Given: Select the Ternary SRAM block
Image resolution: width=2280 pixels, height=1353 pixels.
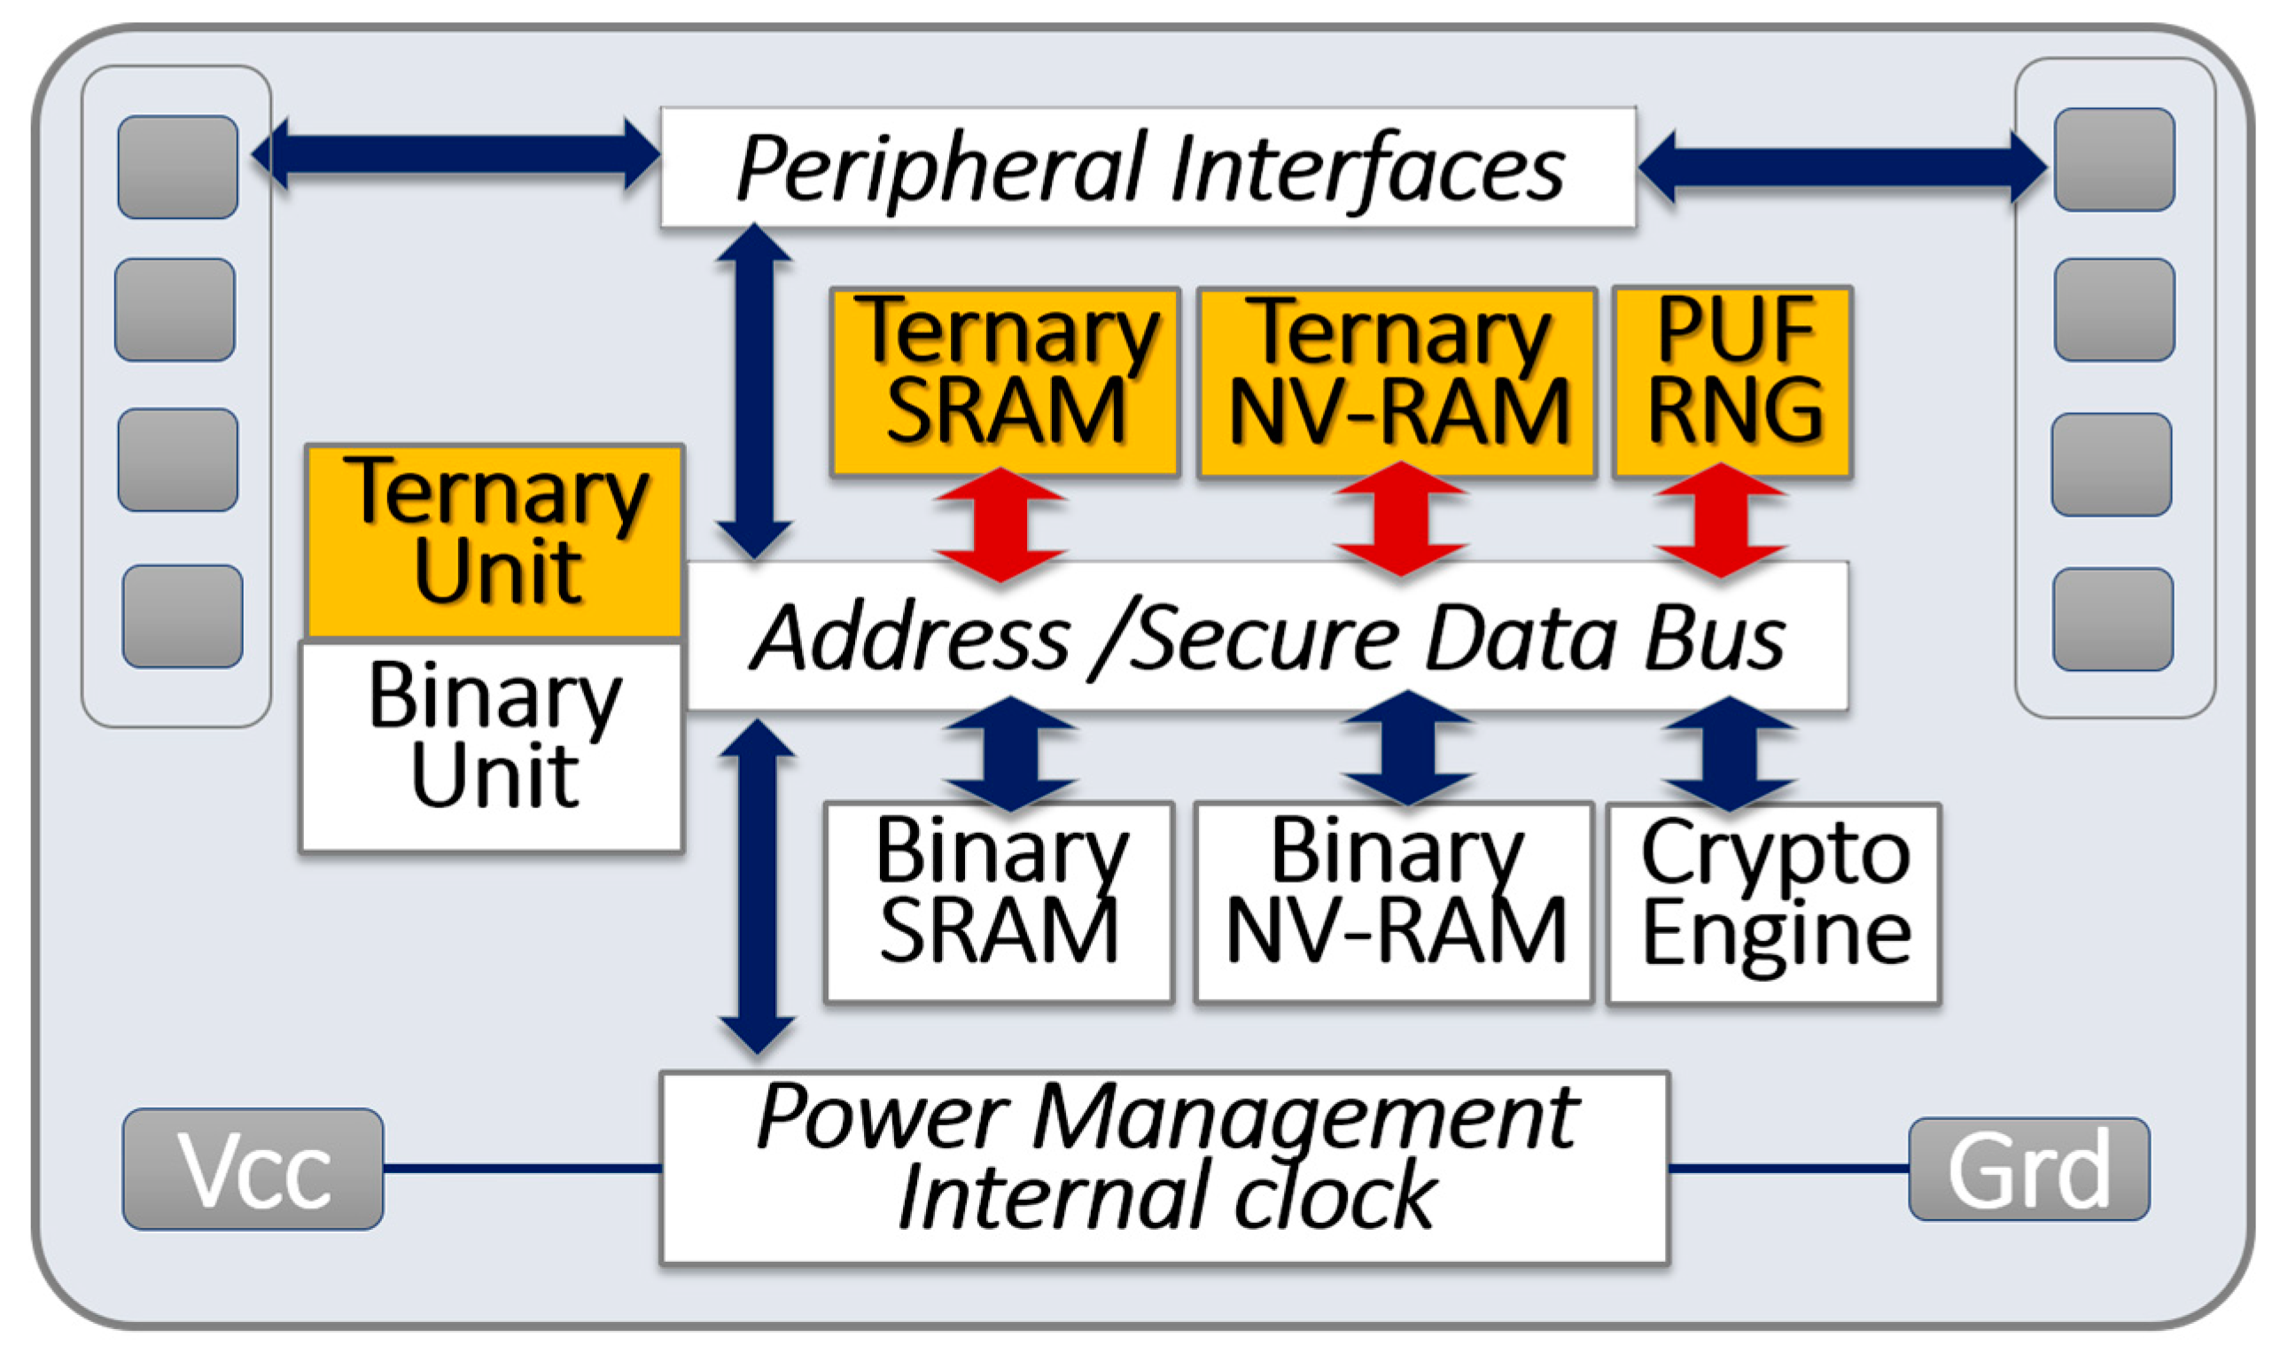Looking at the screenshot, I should (x=1005, y=381).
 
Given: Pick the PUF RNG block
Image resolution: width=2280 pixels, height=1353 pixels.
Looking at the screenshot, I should (x=1732, y=381).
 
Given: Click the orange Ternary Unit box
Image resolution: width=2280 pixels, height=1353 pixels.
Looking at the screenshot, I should (x=495, y=540).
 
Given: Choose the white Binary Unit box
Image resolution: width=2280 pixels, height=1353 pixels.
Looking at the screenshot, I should (x=493, y=746).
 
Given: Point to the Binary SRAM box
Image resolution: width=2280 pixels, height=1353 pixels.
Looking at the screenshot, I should (x=999, y=901).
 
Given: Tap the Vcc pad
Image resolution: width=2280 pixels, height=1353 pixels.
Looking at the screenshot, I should (x=253, y=1169).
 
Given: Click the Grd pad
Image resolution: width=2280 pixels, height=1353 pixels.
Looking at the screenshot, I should (x=2029, y=1169).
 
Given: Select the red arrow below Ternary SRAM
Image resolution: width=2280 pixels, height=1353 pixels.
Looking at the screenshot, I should (x=1000, y=525).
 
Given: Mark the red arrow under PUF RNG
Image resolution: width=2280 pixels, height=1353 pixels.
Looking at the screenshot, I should (x=1720, y=522).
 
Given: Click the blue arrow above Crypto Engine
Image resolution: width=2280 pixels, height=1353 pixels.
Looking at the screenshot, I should (x=1730, y=753).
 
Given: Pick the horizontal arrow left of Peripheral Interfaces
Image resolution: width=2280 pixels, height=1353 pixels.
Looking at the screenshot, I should (x=455, y=154).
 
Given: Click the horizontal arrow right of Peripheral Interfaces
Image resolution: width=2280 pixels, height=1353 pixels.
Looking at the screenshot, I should (x=1841, y=167).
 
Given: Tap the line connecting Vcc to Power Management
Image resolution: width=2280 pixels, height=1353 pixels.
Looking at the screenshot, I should (x=521, y=1168).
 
